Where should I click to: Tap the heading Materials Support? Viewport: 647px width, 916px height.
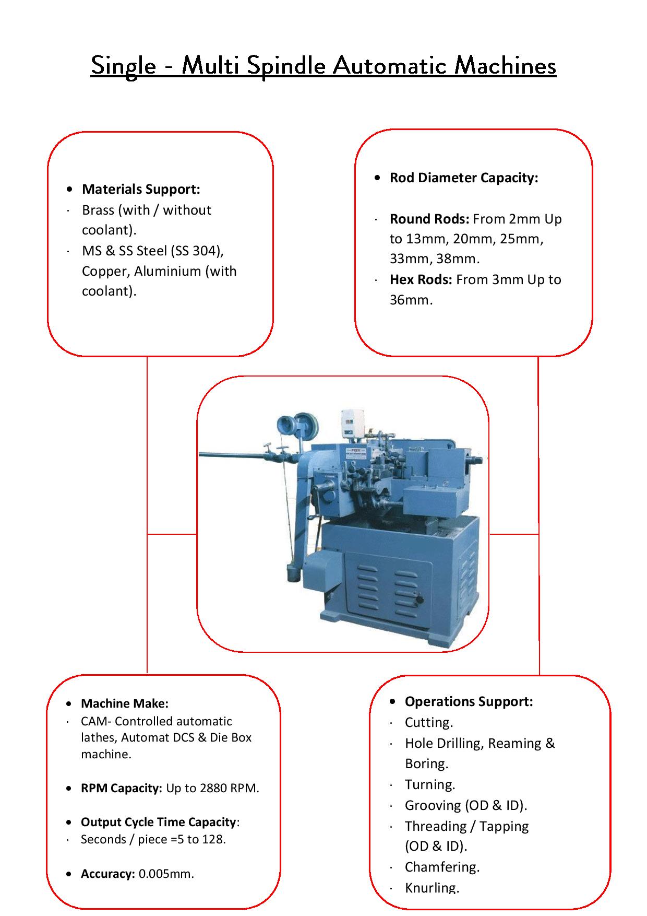tap(141, 189)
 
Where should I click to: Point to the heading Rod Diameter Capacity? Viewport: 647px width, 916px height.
tap(464, 178)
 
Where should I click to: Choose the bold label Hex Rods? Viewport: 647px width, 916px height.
tap(421, 280)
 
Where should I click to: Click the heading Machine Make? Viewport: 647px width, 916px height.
tap(125, 703)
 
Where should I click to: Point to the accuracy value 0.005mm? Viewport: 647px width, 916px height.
tap(165, 874)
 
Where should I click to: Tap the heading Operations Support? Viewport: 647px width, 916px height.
tap(469, 701)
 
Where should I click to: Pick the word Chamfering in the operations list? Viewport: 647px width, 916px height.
tap(441, 867)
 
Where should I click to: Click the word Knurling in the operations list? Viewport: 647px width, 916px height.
tap(432, 888)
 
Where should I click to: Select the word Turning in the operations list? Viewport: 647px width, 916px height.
tap(429, 785)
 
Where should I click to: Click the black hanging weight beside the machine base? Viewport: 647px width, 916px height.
tap(291, 574)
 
